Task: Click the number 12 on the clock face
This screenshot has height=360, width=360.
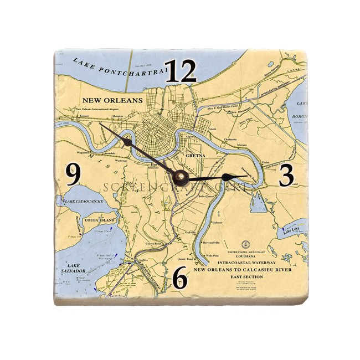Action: (181, 71)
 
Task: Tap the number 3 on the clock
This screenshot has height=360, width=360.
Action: (286, 175)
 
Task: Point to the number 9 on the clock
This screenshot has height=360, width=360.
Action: (73, 175)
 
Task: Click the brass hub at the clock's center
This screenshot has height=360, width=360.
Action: (181, 177)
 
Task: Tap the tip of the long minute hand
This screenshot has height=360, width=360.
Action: (100, 124)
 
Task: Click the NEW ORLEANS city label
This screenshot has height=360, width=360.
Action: (112, 101)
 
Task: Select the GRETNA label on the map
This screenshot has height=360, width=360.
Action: (196, 156)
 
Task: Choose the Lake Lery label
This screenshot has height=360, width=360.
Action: (291, 232)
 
